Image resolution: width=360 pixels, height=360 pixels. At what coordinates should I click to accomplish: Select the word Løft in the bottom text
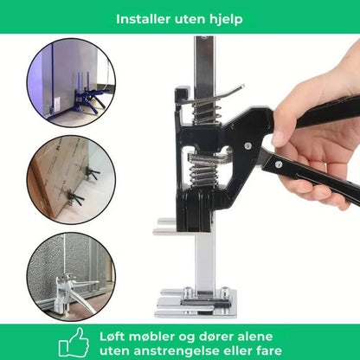click(x=116, y=333)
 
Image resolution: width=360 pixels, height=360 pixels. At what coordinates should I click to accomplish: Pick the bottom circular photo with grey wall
click(x=70, y=269)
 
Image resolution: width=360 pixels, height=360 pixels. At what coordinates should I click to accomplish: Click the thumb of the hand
click(x=290, y=132)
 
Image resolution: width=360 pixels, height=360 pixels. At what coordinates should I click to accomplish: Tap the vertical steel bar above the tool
click(x=204, y=61)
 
